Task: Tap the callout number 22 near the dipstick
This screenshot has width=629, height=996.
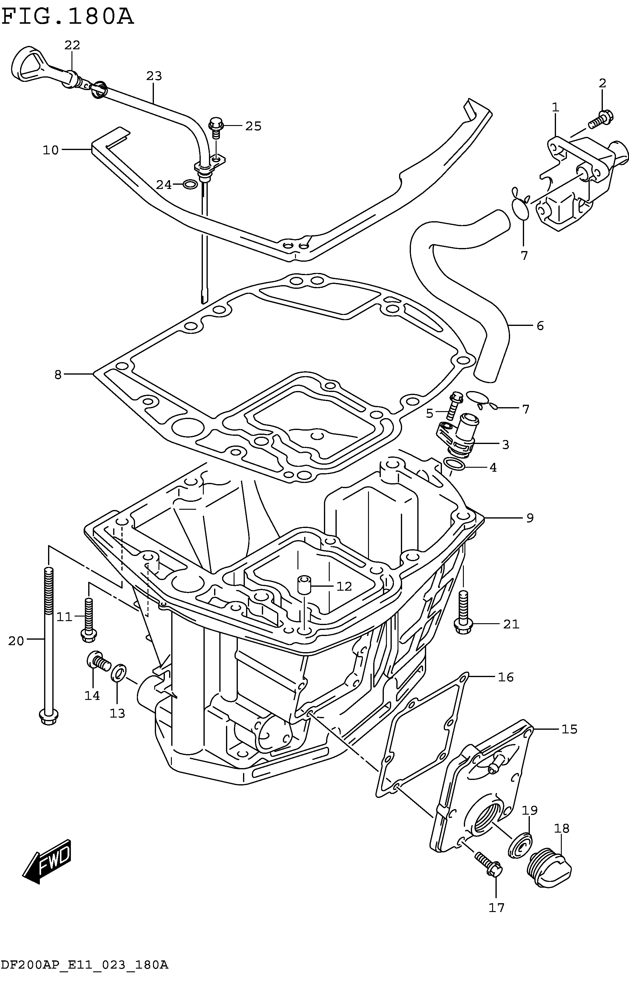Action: tap(72, 45)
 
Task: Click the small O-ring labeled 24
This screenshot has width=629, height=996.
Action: tap(189, 184)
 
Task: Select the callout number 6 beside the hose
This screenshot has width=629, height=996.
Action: tap(540, 326)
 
